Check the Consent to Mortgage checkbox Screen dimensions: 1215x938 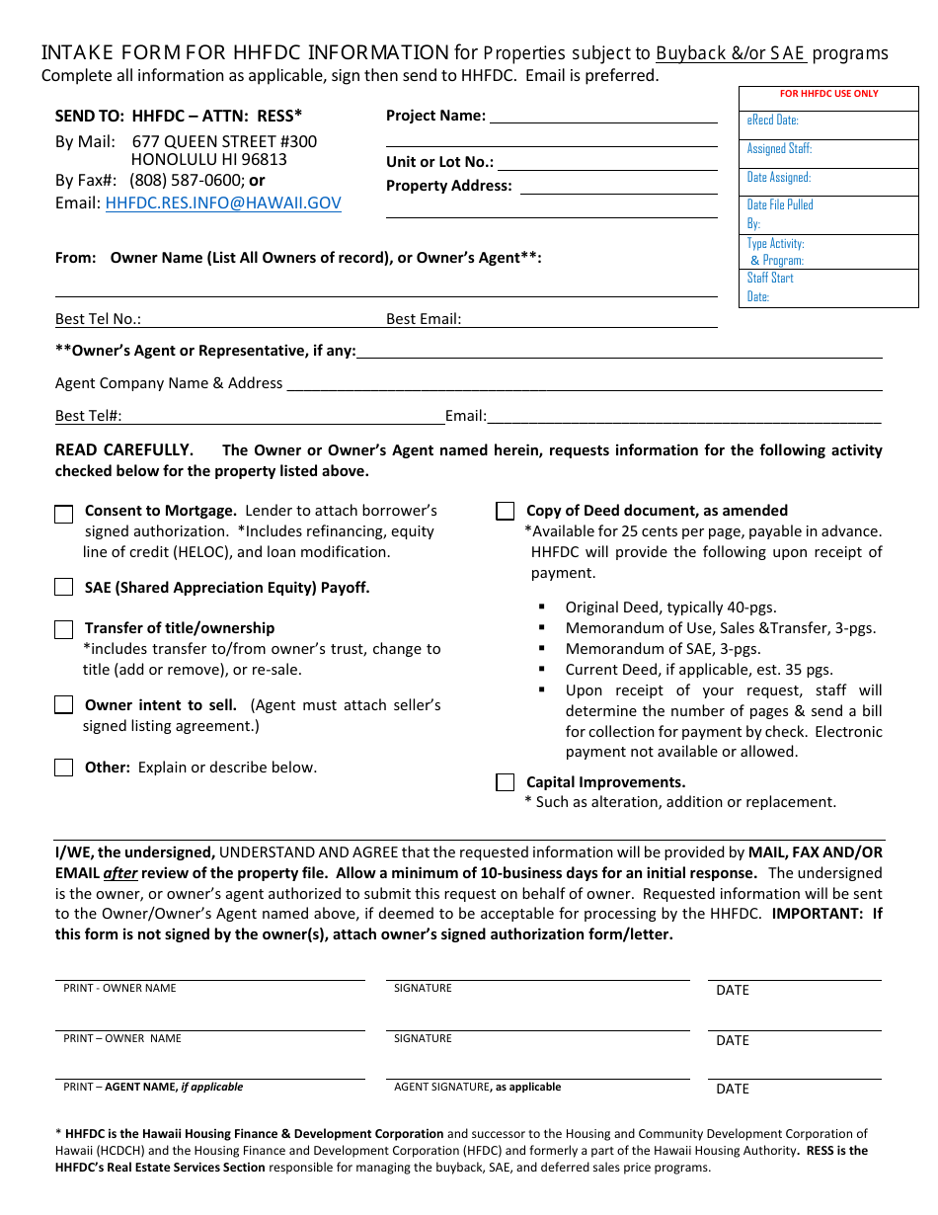[64, 514]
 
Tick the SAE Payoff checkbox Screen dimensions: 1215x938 [64, 588]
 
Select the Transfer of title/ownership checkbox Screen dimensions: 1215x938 [64, 629]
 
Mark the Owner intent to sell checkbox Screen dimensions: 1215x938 [64, 705]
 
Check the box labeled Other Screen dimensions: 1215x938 [64, 768]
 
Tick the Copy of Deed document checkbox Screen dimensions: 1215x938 [506, 512]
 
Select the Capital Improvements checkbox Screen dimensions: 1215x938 [506, 782]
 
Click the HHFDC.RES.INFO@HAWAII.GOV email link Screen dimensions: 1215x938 [223, 203]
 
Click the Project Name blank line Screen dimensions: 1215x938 [603, 117]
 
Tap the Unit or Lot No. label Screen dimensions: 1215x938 [439, 162]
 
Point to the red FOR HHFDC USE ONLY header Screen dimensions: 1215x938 [828, 94]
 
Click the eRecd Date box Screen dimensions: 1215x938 [828, 121]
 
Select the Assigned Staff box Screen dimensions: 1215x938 [828, 149]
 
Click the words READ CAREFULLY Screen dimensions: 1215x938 [123, 450]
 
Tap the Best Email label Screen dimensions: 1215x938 [424, 319]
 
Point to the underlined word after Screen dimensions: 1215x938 [120, 873]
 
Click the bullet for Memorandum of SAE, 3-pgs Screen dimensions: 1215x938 [542, 649]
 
